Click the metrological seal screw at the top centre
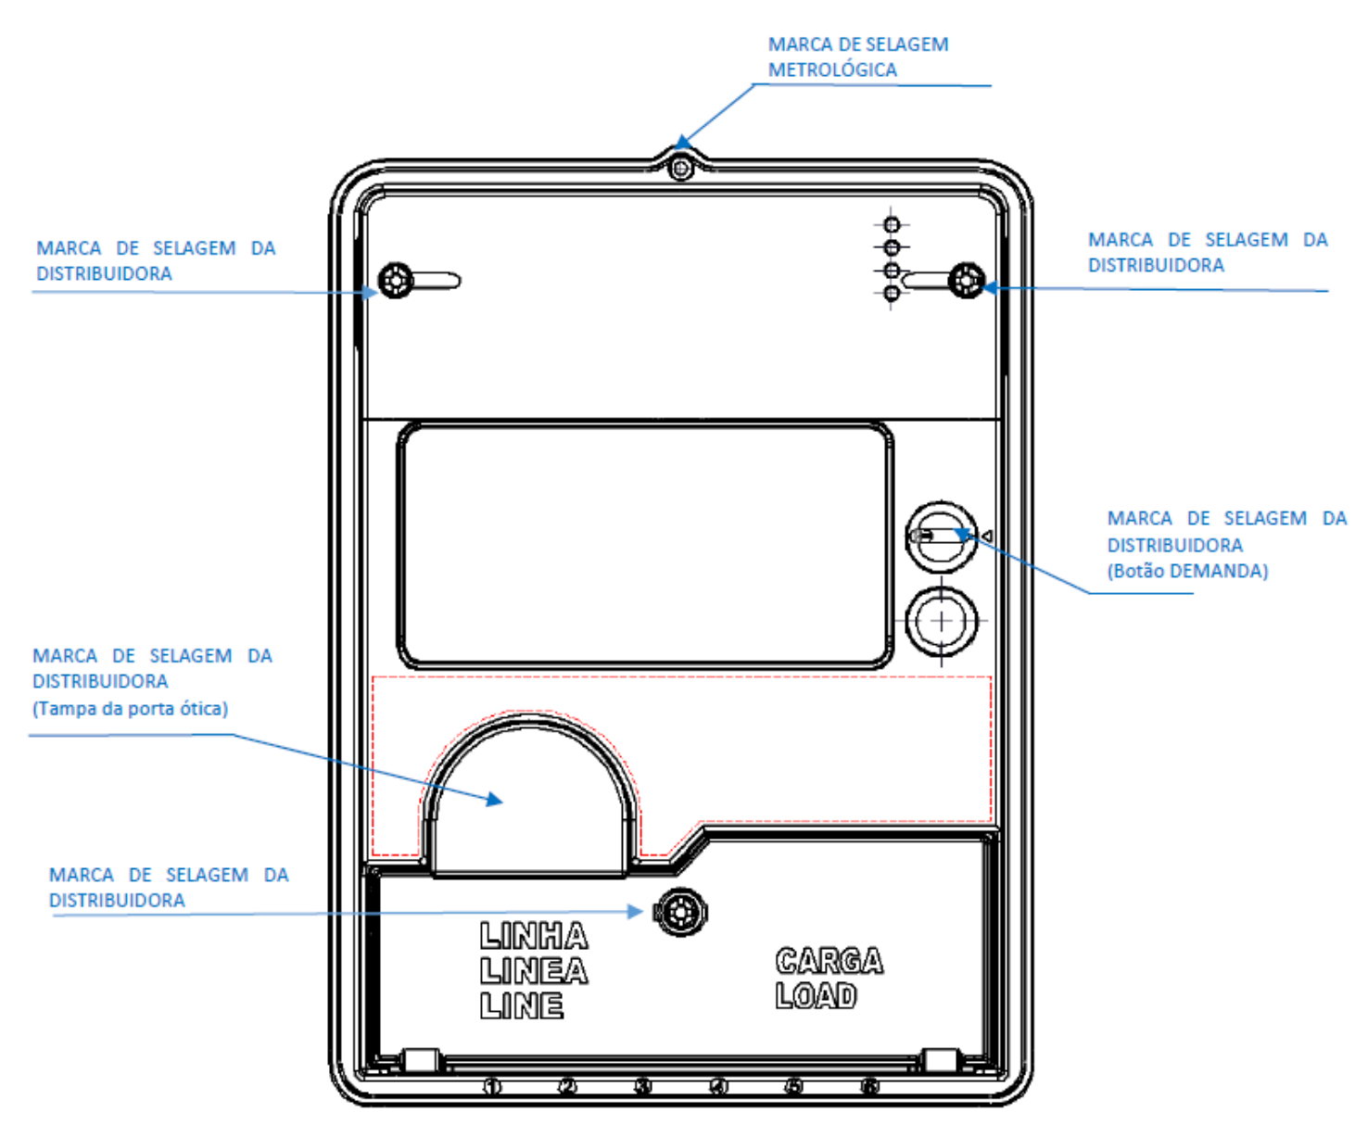point(680,170)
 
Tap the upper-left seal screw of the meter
point(395,281)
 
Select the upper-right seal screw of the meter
point(967,281)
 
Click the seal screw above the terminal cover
point(680,913)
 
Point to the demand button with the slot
point(941,537)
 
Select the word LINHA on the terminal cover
point(534,936)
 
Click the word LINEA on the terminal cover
point(534,971)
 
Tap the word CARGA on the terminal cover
point(829,961)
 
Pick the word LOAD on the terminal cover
point(816,995)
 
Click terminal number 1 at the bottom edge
point(492,1087)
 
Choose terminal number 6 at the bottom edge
point(869,1087)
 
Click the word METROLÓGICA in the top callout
point(832,69)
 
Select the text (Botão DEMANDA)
point(1187,571)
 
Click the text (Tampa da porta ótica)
point(130,708)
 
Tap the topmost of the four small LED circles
point(892,224)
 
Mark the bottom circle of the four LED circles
point(892,294)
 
